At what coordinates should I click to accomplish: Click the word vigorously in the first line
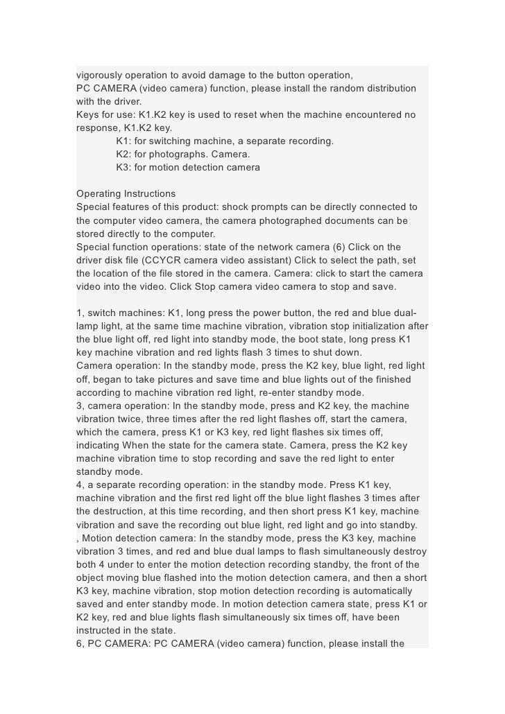tap(101, 75)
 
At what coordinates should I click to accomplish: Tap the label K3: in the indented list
tap(125, 168)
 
